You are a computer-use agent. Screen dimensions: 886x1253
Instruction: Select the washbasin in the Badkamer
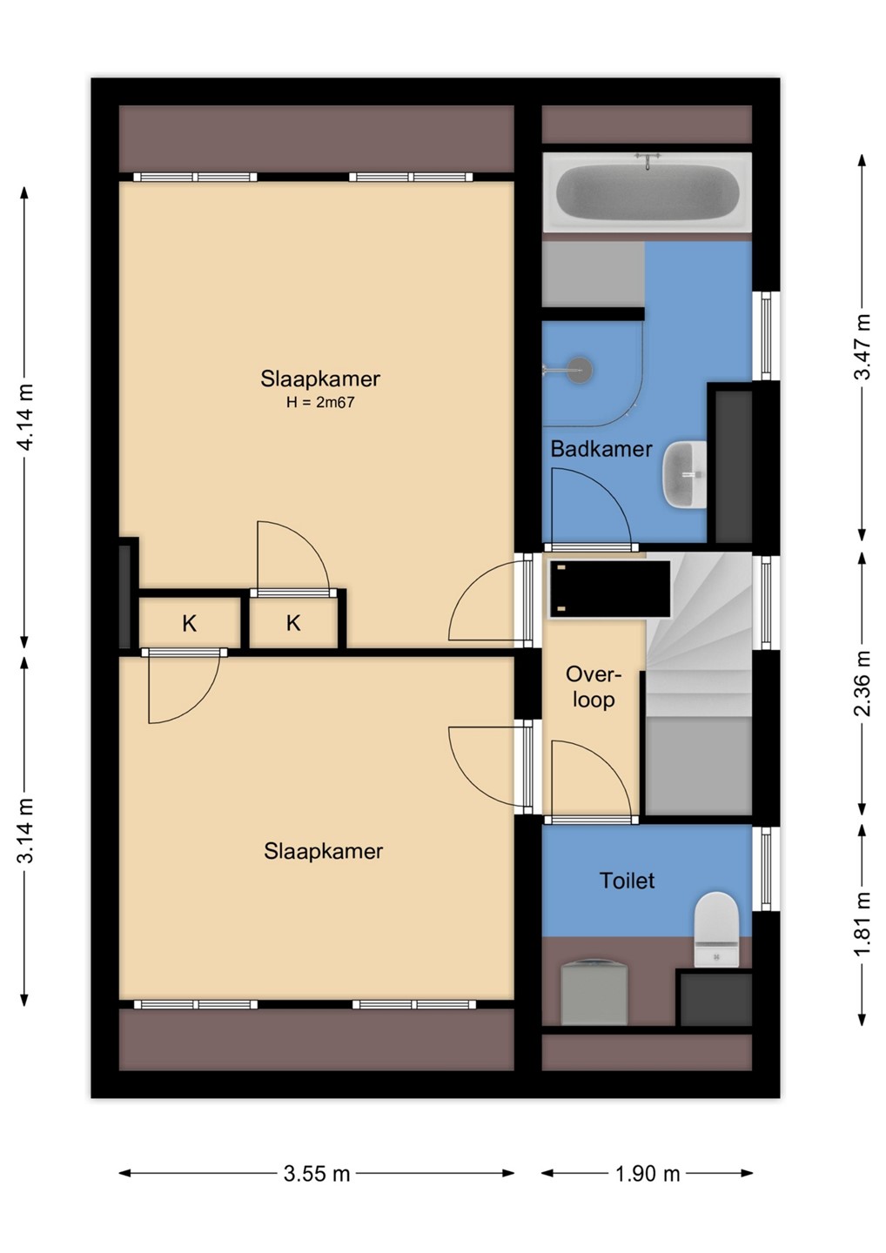[x=685, y=474]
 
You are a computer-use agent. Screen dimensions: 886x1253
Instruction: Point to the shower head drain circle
[x=579, y=369]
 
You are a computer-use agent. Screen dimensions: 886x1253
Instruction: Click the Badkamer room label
[x=601, y=449]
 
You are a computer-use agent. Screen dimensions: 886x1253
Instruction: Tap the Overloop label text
[x=594, y=687]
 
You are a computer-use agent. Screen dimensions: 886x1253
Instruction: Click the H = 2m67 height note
[x=320, y=402]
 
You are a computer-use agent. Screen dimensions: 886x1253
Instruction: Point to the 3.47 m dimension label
[x=862, y=347]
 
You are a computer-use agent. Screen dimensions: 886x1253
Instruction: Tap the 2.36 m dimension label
[x=862, y=684]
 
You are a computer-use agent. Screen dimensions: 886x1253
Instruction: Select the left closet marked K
[x=189, y=623]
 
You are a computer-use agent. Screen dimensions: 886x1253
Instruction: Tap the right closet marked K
[x=293, y=623]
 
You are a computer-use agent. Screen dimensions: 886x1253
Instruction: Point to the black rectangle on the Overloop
[x=610, y=589]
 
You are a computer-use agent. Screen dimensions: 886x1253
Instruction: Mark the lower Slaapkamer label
[x=323, y=851]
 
